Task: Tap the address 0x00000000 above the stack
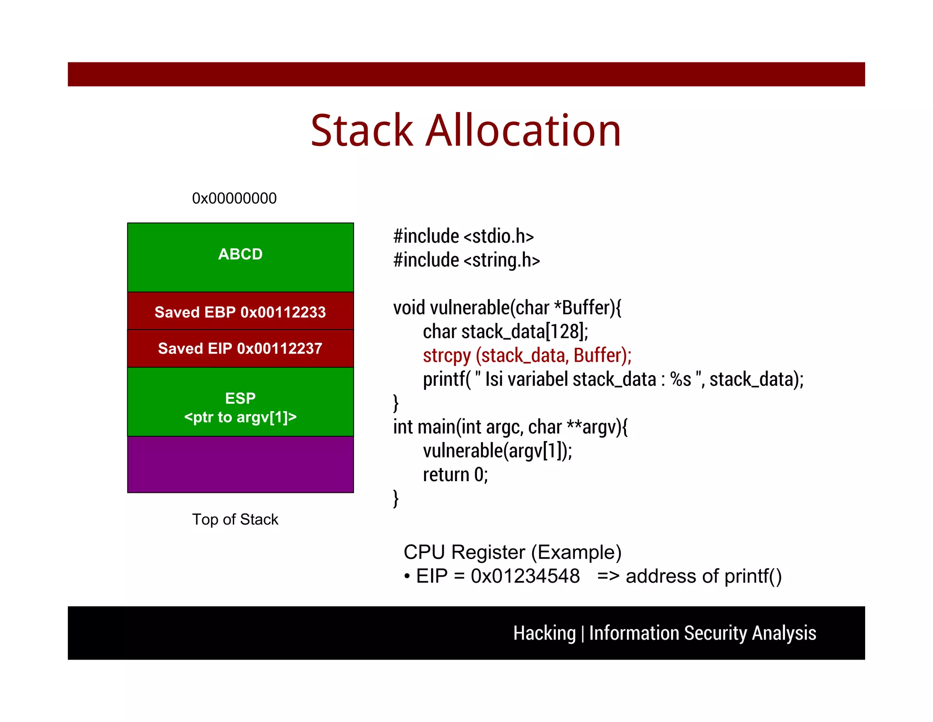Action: [234, 198]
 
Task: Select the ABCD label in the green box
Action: [240, 254]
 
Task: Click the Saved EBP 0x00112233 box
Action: [240, 312]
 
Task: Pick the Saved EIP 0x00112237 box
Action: [240, 348]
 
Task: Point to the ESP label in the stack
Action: [240, 398]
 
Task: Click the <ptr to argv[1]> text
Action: [240, 417]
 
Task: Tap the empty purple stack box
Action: [240, 464]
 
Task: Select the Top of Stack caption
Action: [235, 519]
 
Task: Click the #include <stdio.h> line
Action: [463, 236]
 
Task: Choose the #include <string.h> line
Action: [466, 260]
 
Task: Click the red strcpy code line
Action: [527, 356]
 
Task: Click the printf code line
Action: [613, 379]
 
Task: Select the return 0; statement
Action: [455, 475]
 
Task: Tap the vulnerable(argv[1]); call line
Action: [497, 451]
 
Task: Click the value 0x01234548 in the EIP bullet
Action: [525, 576]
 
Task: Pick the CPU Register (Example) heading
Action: [512, 552]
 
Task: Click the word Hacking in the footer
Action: [544, 633]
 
